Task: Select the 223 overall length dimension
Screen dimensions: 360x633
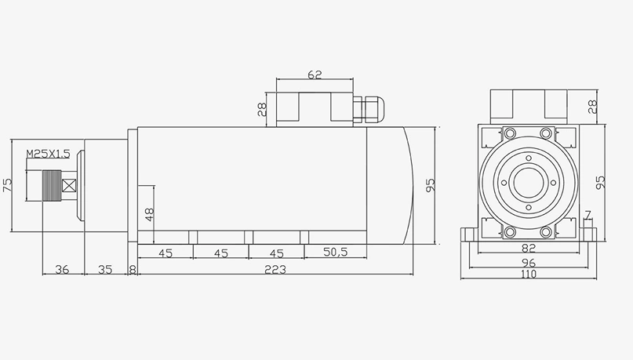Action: pyautogui.click(x=274, y=269)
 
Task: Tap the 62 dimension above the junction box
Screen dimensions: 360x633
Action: pyautogui.click(x=315, y=75)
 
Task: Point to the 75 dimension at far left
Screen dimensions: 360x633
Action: pyautogui.click(x=8, y=185)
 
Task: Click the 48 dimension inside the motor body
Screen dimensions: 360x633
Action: pyautogui.click(x=149, y=213)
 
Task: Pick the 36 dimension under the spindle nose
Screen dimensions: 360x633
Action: pyautogui.click(x=62, y=269)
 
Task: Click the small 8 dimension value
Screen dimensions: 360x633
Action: pyautogui.click(x=132, y=269)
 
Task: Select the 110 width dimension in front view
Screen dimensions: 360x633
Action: pyautogui.click(x=528, y=275)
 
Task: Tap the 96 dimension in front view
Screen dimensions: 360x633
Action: pyautogui.click(x=528, y=264)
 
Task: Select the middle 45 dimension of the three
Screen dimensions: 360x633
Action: pyautogui.click(x=220, y=253)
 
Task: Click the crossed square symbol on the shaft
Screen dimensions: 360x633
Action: pyautogui.click(x=69, y=187)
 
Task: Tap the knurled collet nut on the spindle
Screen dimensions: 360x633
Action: pyautogui.click(x=51, y=187)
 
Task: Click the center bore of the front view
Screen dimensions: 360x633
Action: pyautogui.click(x=528, y=185)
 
